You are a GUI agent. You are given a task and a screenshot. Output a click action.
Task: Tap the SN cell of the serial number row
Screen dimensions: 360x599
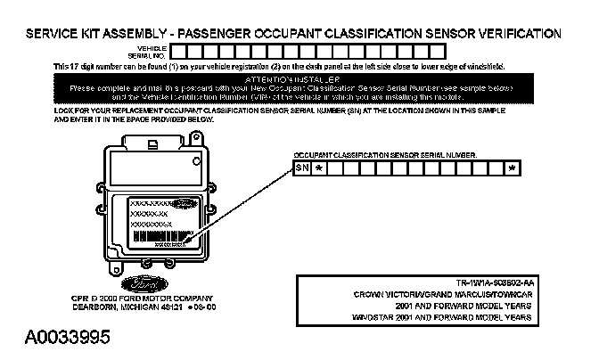click(x=302, y=167)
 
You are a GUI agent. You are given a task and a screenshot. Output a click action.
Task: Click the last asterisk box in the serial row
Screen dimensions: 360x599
click(x=512, y=167)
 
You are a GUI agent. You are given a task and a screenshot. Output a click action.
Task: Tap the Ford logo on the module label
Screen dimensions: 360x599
click(x=184, y=204)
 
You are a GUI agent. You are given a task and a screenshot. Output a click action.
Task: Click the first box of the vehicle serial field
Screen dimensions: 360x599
click(x=178, y=51)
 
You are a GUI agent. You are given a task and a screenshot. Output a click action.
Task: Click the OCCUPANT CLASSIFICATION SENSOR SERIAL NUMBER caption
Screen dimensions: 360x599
click(x=385, y=154)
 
